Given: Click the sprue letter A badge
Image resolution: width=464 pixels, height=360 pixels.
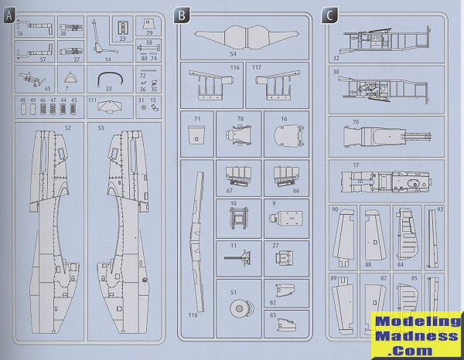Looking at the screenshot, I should click(x=9, y=15).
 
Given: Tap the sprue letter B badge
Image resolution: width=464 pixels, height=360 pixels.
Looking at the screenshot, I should click(x=181, y=15).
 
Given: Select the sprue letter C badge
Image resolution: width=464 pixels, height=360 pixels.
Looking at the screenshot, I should click(x=330, y=14).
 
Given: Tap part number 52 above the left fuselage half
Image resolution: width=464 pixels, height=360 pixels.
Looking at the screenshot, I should click(x=68, y=127).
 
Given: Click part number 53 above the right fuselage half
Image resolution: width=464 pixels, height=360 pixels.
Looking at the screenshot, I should click(x=101, y=127).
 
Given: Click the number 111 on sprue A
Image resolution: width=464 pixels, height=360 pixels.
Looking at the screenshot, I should click(x=92, y=101).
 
